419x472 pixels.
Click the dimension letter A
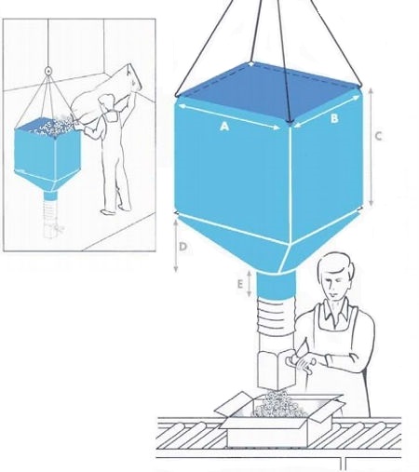pyautogui.click(x=224, y=127)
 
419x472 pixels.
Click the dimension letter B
pyautogui.click(x=334, y=118)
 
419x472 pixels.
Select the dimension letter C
pyautogui.click(x=378, y=136)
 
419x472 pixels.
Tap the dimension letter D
pyautogui.click(x=183, y=247)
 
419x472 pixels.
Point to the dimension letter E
pyautogui.click(x=240, y=284)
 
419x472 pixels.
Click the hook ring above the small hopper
pyautogui.click(x=47, y=71)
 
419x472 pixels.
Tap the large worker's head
pyautogui.click(x=335, y=276)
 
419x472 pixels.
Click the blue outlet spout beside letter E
pyautogui.click(x=276, y=285)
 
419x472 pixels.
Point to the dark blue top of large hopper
pyautogui.click(x=268, y=92)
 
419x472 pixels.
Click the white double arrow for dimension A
pyautogui.click(x=230, y=116)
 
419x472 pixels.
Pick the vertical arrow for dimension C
pyautogui.click(x=372, y=147)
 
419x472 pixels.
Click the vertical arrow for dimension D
pyautogui.click(x=176, y=246)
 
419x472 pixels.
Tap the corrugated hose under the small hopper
pyautogui.click(x=50, y=211)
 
